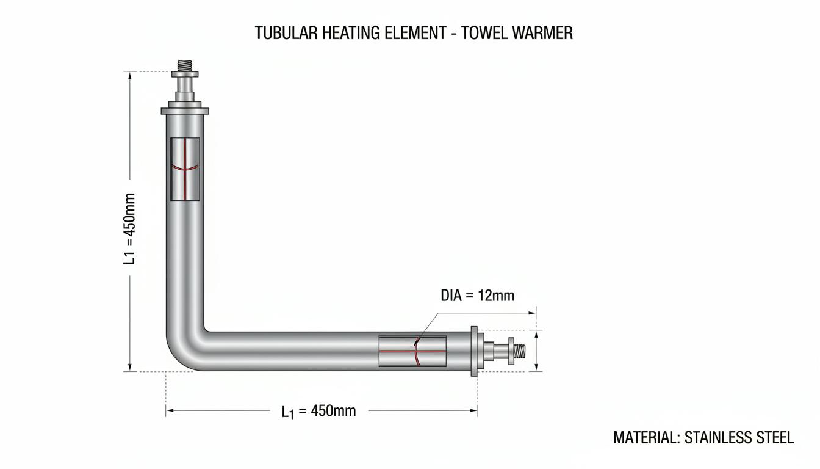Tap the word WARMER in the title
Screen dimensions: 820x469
point(543,33)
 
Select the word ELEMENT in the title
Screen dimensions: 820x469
point(415,33)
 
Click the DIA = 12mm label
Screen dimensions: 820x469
point(477,296)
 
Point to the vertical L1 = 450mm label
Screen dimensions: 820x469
point(129,228)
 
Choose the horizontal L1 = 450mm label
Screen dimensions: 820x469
point(318,412)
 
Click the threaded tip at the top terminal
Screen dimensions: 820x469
point(185,66)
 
